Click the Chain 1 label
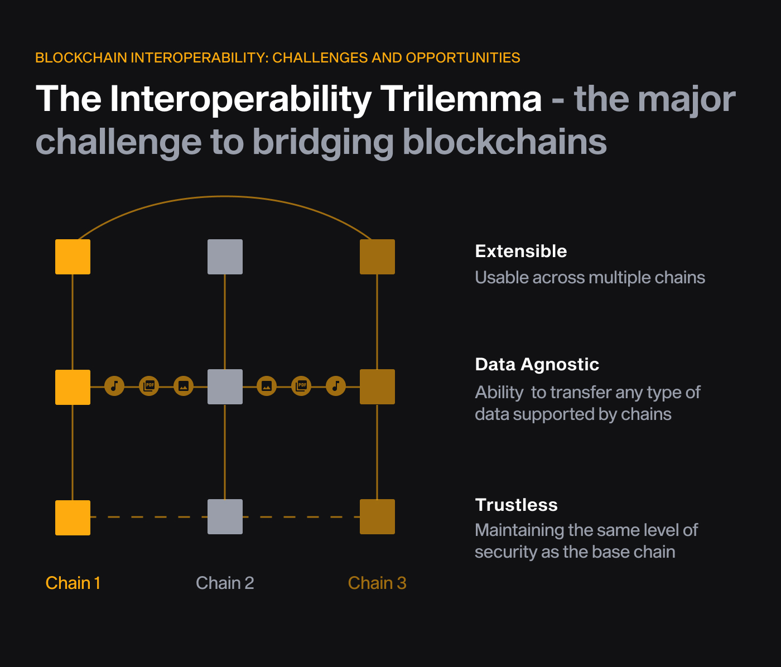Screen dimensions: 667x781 coord(73,583)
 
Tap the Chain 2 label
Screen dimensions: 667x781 coord(225,583)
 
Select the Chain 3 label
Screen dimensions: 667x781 coord(377,583)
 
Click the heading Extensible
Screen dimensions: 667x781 coord(520,251)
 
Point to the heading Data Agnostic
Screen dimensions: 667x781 coord(537,364)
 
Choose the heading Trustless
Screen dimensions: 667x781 coord(516,505)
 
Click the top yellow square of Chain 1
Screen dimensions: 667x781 coord(73,257)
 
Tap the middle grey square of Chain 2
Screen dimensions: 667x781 coord(225,386)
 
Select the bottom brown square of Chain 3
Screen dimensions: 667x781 coord(377,516)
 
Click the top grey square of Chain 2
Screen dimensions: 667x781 coord(225,257)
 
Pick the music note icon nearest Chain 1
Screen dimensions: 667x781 coord(114,386)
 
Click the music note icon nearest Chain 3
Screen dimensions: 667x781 coord(336,386)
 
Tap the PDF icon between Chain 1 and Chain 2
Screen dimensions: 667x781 coord(149,386)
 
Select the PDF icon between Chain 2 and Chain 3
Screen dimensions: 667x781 coord(301,386)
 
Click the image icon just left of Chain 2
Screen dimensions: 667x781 coord(184,386)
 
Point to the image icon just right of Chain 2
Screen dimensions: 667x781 coord(267,386)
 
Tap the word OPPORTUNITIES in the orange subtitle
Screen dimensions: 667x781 coord(463,57)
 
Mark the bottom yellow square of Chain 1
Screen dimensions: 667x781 coord(73,517)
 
